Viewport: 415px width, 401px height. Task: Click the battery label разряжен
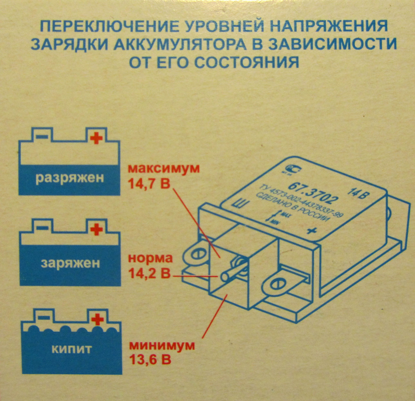point(70,178)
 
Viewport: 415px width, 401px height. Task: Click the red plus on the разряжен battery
point(97,139)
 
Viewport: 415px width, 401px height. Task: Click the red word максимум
point(164,169)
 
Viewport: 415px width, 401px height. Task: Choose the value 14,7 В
point(149,183)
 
